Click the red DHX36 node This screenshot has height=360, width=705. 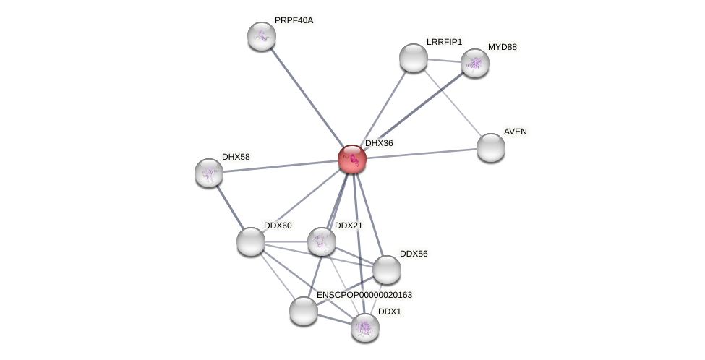(352, 159)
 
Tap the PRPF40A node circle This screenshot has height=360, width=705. (262, 36)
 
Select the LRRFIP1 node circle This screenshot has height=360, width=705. (414, 58)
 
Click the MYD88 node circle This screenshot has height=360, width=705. (475, 63)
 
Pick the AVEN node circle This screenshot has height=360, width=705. (491, 147)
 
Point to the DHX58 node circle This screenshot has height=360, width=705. (209, 173)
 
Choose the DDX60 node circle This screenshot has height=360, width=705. (251, 241)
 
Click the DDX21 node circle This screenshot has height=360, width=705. (322, 241)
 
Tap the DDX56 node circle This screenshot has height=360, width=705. (387, 270)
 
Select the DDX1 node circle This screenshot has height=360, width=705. (365, 327)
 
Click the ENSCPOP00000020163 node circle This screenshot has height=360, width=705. (304, 311)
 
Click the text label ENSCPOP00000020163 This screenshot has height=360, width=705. (364, 295)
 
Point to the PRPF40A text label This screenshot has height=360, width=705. (294, 20)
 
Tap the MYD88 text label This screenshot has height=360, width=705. (502, 47)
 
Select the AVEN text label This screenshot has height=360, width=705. (515, 132)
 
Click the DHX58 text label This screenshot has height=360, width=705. (236, 157)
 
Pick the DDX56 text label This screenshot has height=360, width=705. (414, 254)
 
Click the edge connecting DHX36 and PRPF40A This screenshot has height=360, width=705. (307, 97)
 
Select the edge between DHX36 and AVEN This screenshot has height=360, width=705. (422, 153)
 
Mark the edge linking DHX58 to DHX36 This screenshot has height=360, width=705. (281, 166)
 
